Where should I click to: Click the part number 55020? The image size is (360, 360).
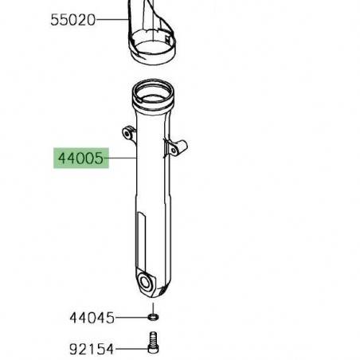(72, 19)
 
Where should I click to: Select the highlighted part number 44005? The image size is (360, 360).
(79, 158)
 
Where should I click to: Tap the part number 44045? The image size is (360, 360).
(91, 318)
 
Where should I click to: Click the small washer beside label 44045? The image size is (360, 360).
(152, 318)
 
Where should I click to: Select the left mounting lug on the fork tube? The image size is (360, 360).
(126, 131)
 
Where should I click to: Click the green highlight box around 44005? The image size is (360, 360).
(79, 158)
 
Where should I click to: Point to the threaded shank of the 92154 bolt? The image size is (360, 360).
(152, 350)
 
